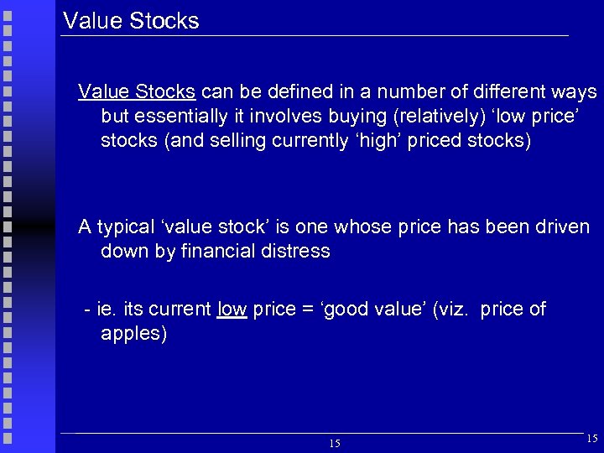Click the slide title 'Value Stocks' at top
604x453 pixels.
click(x=131, y=21)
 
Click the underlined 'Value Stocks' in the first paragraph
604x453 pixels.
click(x=137, y=91)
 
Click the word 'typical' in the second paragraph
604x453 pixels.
click(x=126, y=227)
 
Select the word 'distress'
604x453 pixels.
click(x=297, y=252)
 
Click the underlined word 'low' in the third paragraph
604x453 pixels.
click(x=232, y=310)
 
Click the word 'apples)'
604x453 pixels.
click(x=134, y=334)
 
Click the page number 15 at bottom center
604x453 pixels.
click(x=335, y=443)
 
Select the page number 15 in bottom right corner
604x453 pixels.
click(x=593, y=438)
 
